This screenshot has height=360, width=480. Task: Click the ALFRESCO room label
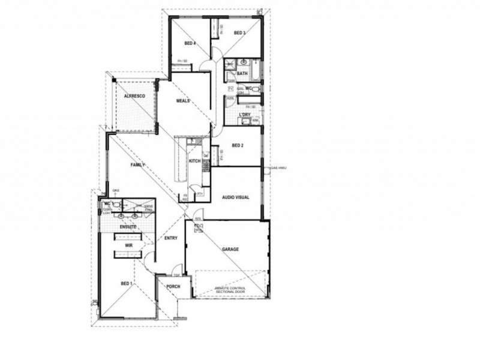click(x=131, y=96)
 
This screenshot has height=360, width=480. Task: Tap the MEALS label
click(x=183, y=101)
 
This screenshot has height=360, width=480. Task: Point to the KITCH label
click(x=194, y=161)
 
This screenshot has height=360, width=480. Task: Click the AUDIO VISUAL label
click(x=235, y=197)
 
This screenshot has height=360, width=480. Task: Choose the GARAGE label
click(x=231, y=248)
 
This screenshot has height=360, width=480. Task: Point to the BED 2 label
click(x=238, y=145)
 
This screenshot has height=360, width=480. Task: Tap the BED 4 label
click(x=190, y=43)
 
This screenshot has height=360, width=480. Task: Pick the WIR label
click(x=129, y=246)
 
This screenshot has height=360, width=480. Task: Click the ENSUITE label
click(x=128, y=227)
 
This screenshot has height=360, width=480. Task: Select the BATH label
click(x=242, y=73)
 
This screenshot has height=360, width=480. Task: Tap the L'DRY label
click(x=244, y=114)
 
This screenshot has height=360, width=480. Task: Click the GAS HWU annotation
click(x=280, y=168)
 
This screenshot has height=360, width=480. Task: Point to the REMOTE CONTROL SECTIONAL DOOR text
click(x=230, y=291)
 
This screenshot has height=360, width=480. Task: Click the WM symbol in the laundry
click(x=255, y=121)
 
